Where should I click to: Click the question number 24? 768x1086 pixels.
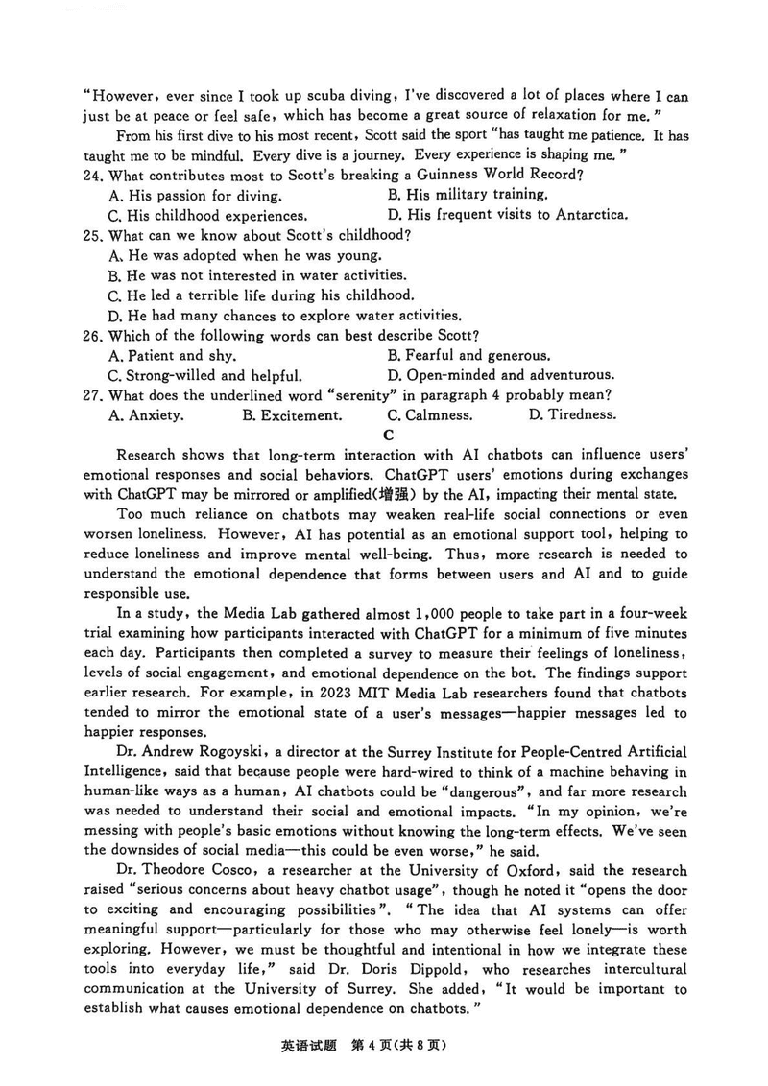pos(93,175)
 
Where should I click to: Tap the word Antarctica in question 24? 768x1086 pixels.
pos(589,215)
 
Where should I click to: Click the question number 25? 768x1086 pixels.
pos(93,235)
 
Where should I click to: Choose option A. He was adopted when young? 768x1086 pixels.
pos(246,255)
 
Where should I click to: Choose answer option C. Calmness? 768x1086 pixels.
pos(429,415)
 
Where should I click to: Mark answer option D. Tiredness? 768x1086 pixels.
pos(572,415)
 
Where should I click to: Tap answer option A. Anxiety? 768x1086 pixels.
pos(147,415)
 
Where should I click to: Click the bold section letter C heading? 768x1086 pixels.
pos(389,435)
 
